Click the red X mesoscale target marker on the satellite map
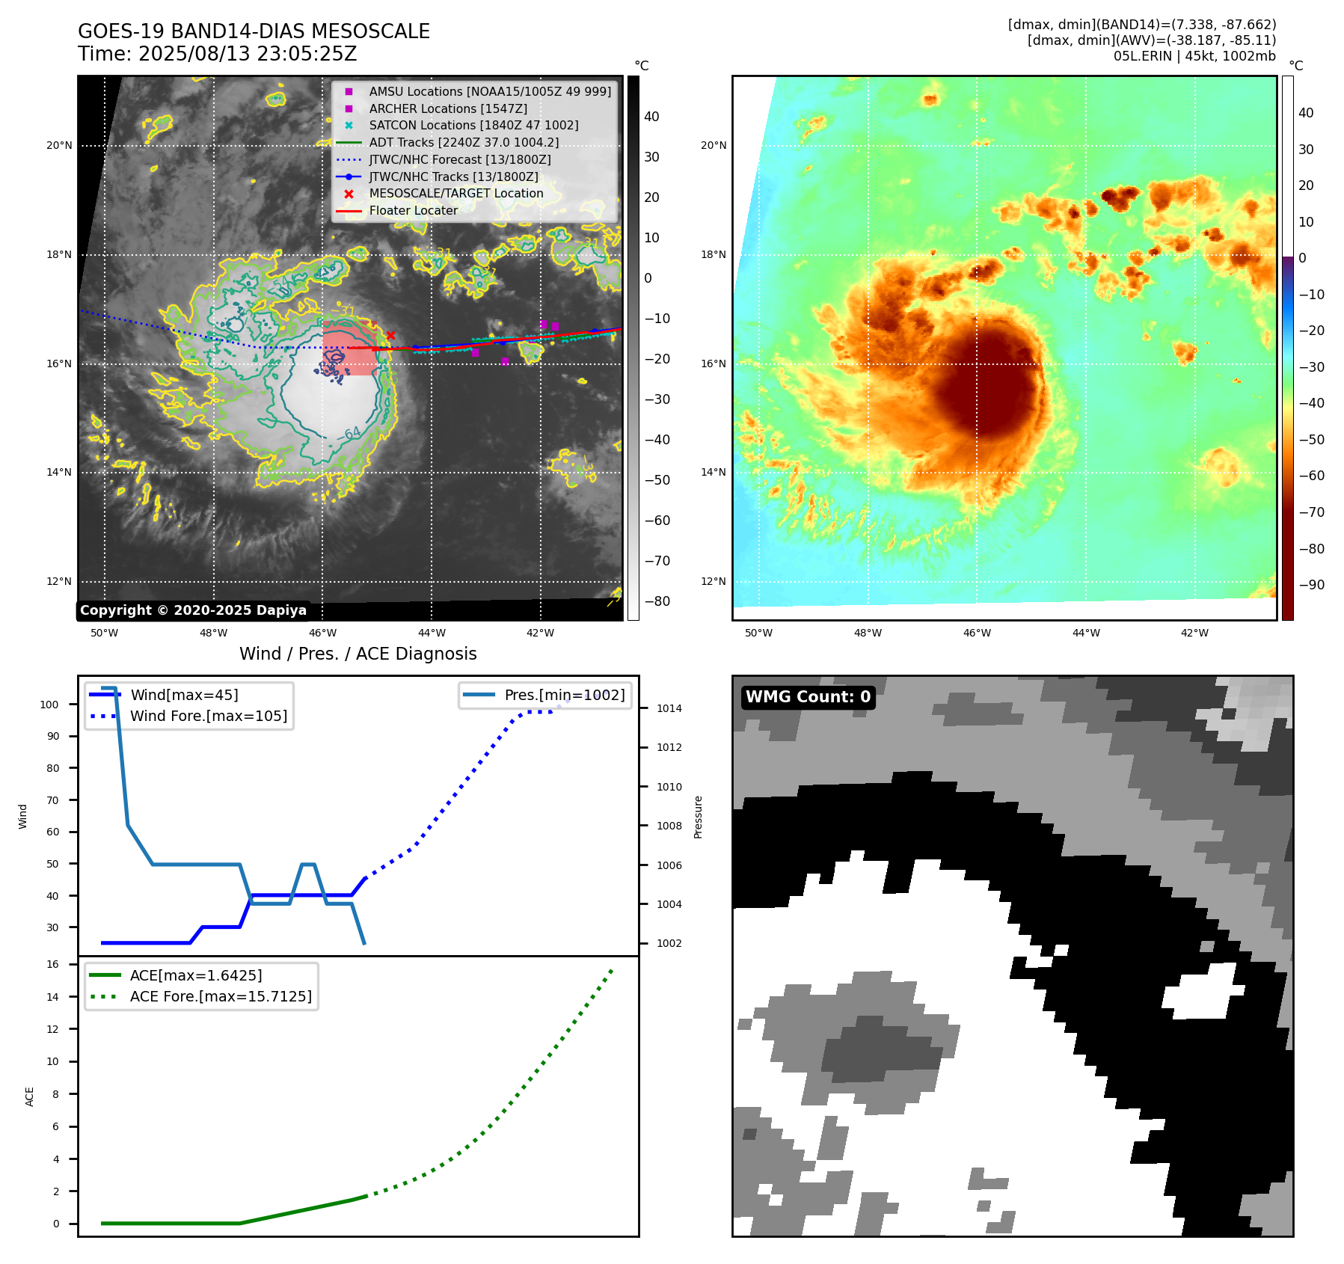[390, 335]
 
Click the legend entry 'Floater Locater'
[413, 211]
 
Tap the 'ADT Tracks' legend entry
[464, 143]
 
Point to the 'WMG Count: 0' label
[808, 697]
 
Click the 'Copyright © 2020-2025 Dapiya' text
[193, 610]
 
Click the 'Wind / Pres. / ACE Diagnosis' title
[358, 654]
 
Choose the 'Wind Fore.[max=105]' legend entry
[208, 716]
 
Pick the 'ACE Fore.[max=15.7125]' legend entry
[221, 996]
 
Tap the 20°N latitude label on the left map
[59, 146]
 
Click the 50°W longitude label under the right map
[758, 633]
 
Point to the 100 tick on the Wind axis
[49, 705]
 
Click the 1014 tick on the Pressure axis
[669, 708]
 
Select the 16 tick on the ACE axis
[53, 964]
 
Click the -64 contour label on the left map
[350, 433]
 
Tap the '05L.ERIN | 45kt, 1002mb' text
[1194, 56]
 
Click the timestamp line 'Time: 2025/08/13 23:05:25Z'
[217, 54]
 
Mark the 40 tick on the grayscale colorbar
[651, 117]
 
